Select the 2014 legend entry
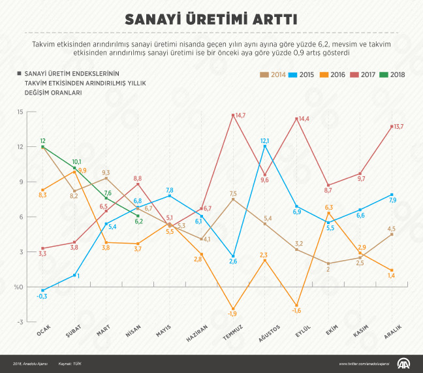[274, 74]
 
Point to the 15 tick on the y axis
[20, 112]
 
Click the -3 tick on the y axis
[20, 322]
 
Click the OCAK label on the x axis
[44, 332]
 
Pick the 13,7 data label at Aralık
[398, 127]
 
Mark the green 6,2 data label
[138, 222]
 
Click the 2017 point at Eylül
[297, 119]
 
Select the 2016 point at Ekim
[329, 214]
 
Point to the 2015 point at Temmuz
[234, 257]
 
